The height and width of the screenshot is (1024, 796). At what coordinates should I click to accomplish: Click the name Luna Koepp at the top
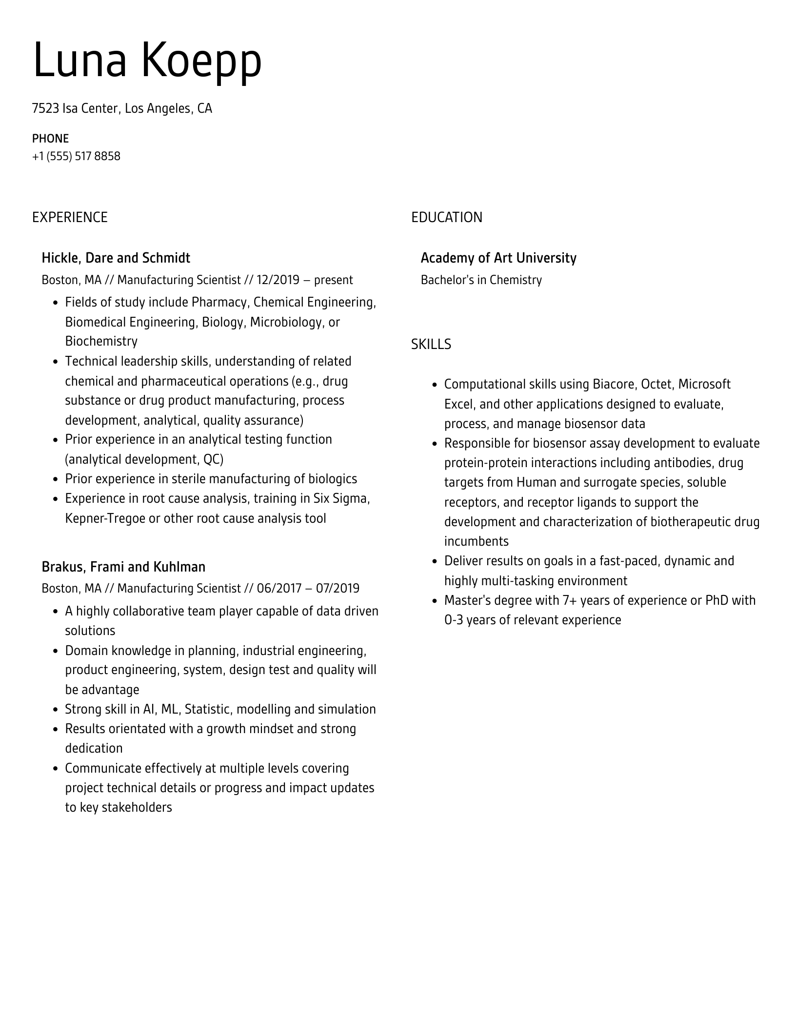click(x=147, y=61)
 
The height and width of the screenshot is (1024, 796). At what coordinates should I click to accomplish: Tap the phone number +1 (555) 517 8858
click(x=76, y=156)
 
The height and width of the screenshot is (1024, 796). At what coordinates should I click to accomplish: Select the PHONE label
click(x=50, y=139)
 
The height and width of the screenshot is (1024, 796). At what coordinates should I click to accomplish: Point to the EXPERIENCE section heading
click(x=70, y=217)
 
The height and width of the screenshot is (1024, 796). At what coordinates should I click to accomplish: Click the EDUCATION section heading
click(x=446, y=217)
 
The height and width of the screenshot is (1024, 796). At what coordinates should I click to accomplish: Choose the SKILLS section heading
click(x=431, y=345)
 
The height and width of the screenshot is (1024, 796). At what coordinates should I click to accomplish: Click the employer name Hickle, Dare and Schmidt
click(x=116, y=258)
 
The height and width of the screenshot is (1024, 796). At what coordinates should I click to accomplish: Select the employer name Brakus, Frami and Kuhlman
click(x=123, y=567)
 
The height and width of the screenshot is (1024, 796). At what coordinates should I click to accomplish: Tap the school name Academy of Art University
click(x=498, y=258)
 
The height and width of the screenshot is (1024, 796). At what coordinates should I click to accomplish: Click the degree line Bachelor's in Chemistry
click(x=481, y=280)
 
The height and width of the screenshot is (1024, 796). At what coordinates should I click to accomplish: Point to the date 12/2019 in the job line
click(x=278, y=280)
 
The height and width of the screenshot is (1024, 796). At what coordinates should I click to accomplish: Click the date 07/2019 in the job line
click(x=338, y=589)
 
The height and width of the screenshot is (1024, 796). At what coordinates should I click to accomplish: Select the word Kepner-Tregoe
click(x=105, y=518)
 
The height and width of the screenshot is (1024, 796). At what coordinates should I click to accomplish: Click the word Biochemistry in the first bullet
click(x=101, y=341)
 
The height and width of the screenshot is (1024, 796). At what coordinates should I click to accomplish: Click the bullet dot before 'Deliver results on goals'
click(x=435, y=562)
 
